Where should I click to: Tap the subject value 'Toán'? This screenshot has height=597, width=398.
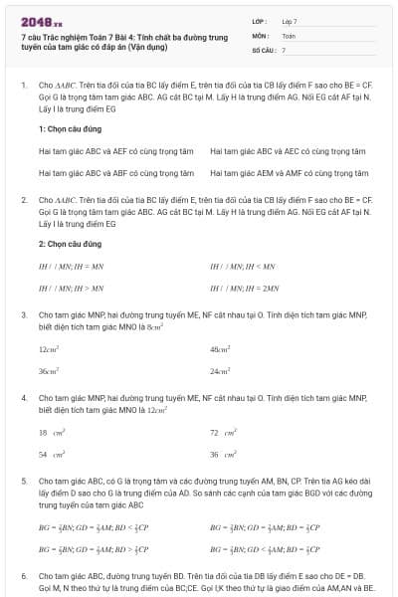pyautogui.click(x=289, y=35)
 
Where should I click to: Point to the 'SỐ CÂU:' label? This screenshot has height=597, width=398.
pyautogui.click(x=263, y=49)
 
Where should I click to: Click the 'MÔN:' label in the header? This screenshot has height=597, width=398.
pyautogui.click(x=260, y=35)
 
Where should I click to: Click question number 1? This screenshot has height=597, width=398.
pyautogui.click(x=24, y=87)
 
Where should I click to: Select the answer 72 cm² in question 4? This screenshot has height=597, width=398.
pyautogui.click(x=223, y=433)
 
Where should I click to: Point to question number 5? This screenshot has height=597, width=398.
pyautogui.click(x=24, y=480)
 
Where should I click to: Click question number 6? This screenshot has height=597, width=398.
pyautogui.click(x=24, y=575)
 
